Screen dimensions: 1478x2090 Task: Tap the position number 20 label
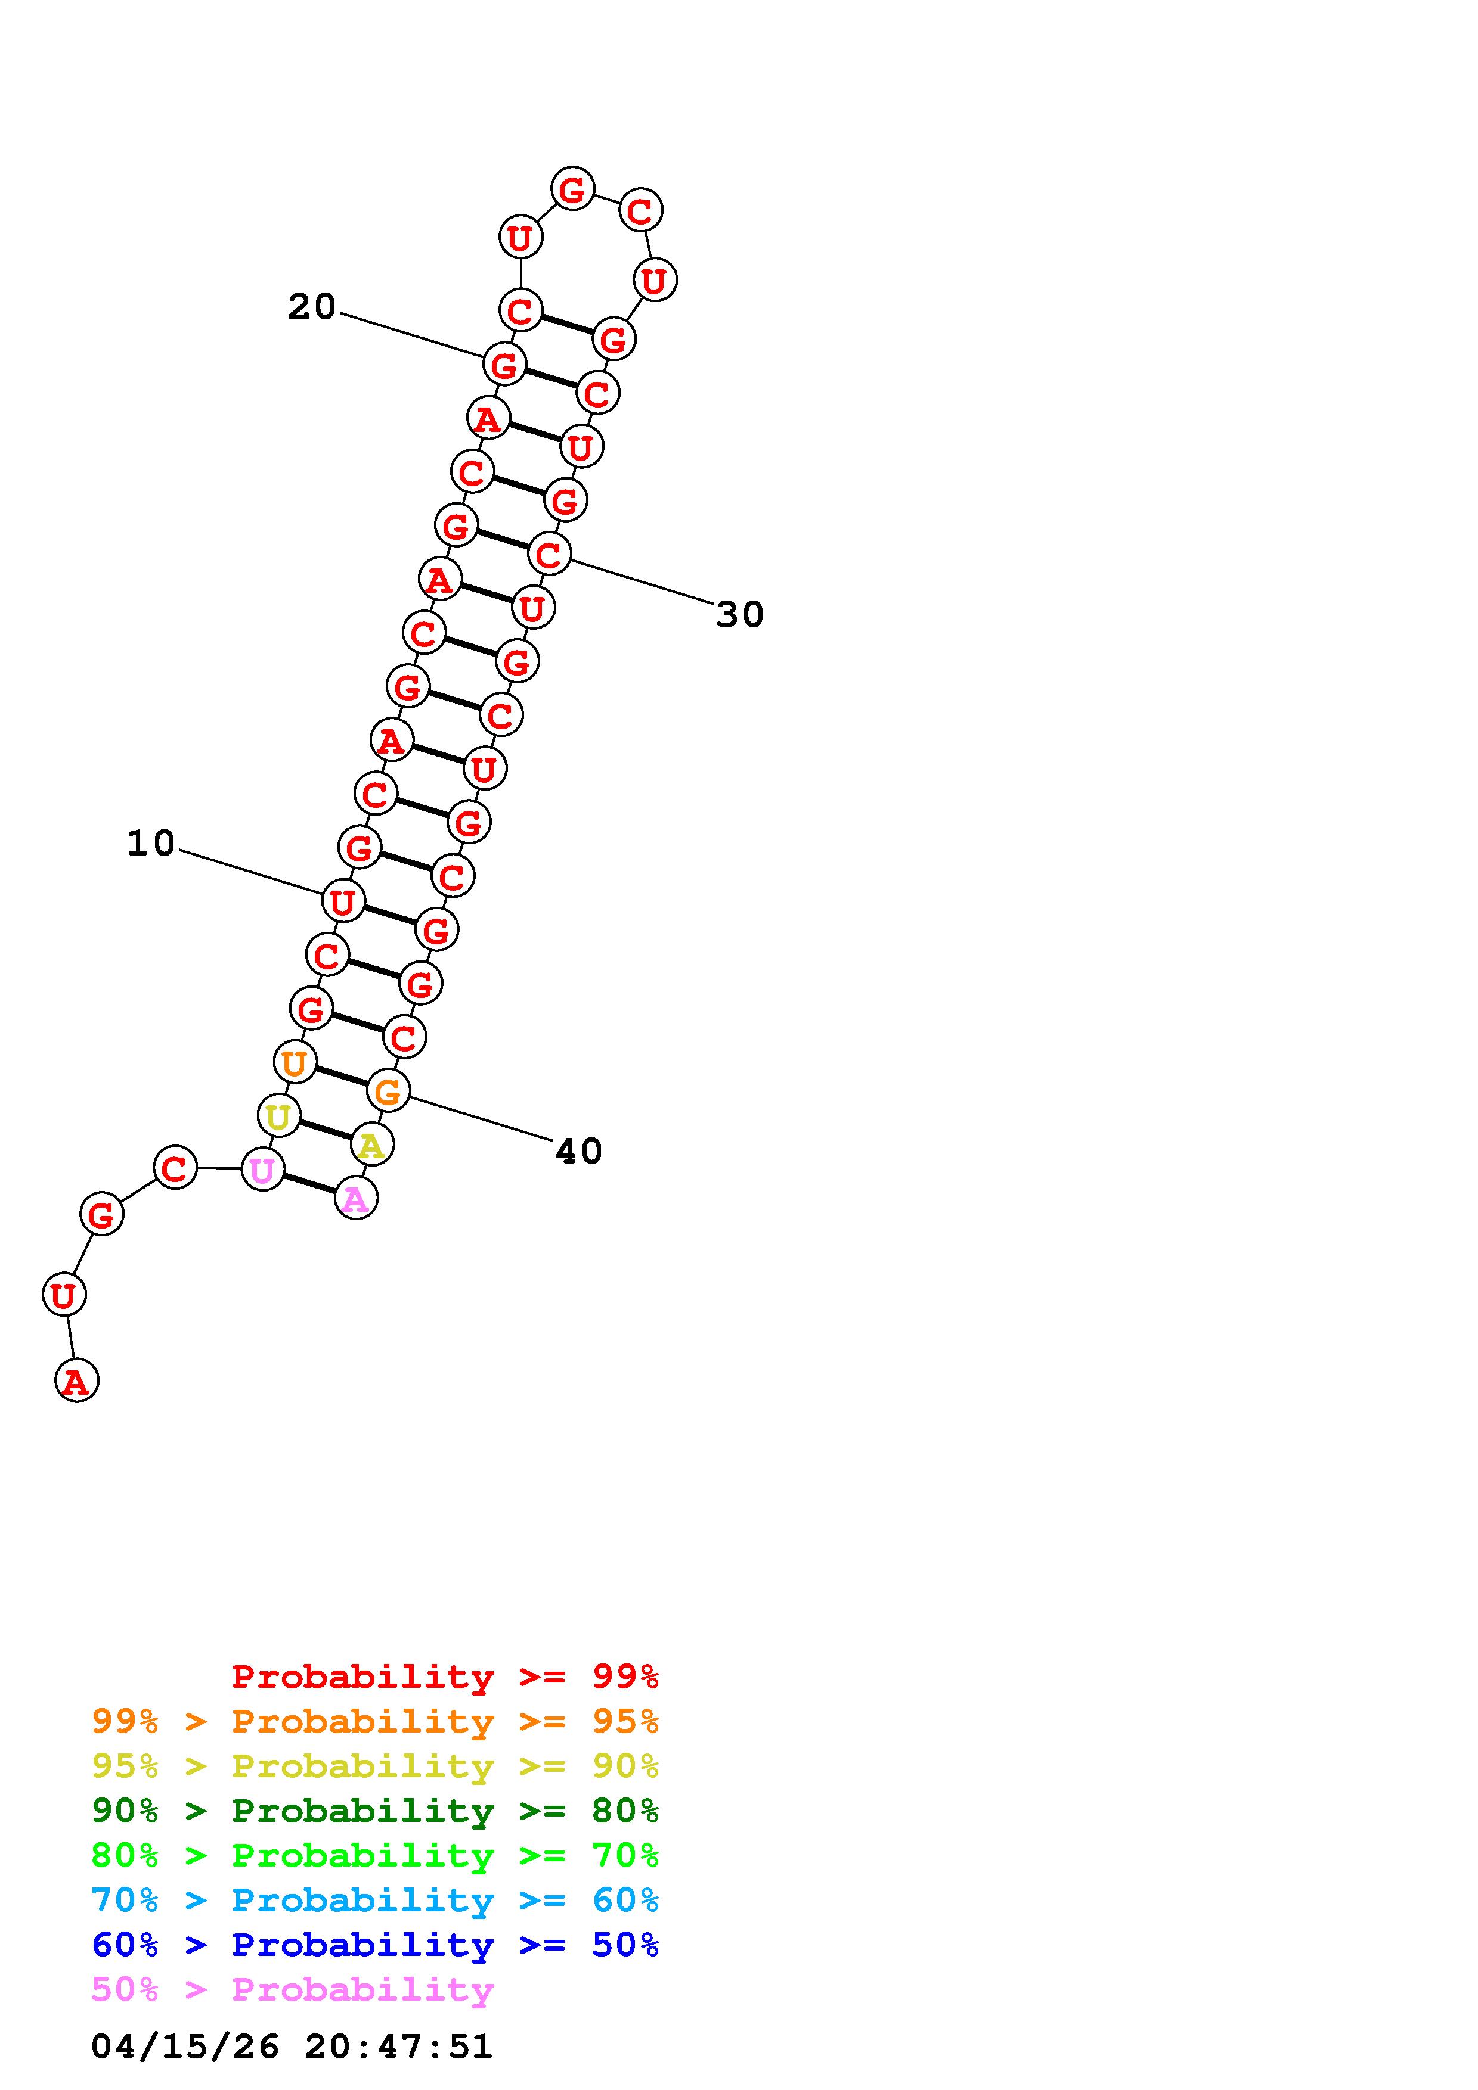click(312, 307)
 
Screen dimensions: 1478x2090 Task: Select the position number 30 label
click(739, 614)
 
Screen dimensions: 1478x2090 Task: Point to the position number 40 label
click(579, 1152)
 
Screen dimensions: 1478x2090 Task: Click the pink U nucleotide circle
click(262, 1170)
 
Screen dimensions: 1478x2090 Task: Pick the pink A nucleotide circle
click(356, 1198)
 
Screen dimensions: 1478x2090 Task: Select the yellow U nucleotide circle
click(278, 1116)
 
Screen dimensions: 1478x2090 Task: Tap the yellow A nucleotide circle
click(371, 1144)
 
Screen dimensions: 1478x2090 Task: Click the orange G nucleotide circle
click(389, 1090)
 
